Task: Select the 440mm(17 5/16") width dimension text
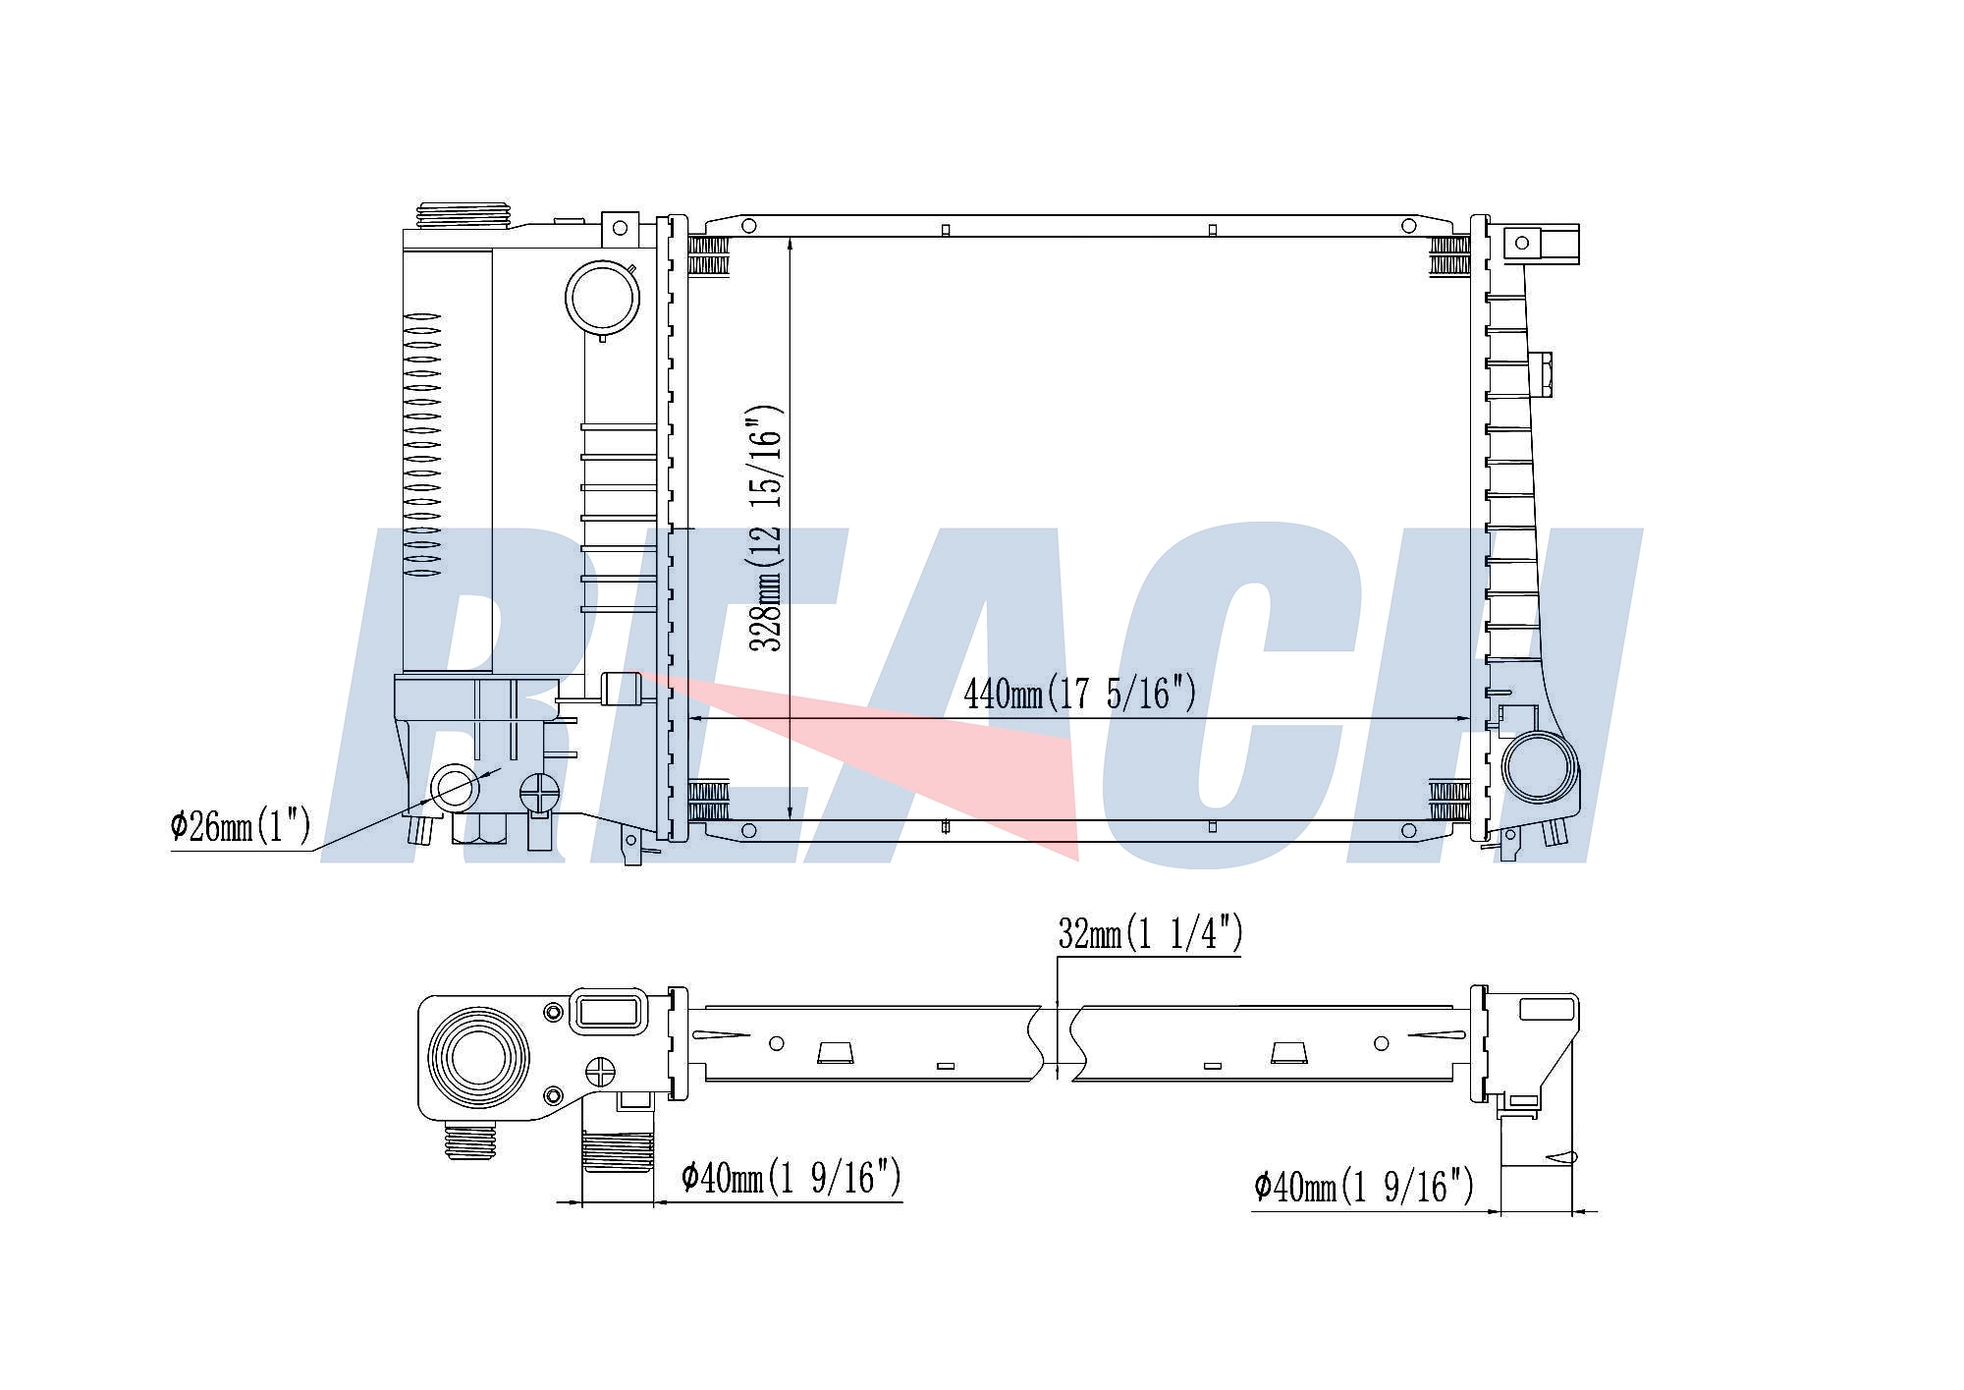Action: point(1080,694)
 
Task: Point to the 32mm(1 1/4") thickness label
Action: point(1150,932)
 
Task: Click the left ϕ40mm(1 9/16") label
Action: point(791,1177)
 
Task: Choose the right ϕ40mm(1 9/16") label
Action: point(1364,1186)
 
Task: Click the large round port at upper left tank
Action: point(602,297)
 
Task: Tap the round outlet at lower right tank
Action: point(1539,766)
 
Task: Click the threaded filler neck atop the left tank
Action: point(464,216)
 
